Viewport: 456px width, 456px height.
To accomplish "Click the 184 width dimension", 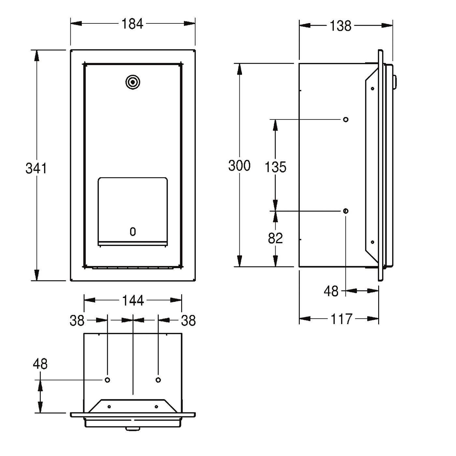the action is click(x=132, y=24).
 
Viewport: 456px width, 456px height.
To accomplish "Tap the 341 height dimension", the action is click(x=36, y=168).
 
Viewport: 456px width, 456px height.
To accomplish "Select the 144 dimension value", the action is click(x=133, y=301).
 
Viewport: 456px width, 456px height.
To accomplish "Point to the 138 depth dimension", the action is click(x=340, y=26).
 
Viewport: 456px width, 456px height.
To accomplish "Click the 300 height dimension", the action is click(x=239, y=165).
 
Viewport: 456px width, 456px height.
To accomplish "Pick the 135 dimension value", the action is click(x=276, y=167).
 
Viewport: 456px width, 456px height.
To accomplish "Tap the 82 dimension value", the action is click(x=276, y=238).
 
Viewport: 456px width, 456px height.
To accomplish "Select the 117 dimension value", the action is click(x=341, y=319).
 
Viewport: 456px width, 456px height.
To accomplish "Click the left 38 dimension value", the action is click(x=77, y=321).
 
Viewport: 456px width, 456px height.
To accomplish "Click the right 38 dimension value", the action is click(x=188, y=321).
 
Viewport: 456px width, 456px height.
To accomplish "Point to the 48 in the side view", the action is click(x=331, y=291).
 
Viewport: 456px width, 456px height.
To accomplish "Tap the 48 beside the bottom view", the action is click(x=40, y=364).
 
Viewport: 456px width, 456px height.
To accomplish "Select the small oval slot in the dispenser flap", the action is click(x=133, y=232).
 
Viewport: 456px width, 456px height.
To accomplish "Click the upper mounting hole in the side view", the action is click(x=346, y=120).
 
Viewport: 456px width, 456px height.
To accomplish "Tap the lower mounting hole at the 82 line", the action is click(x=346, y=211).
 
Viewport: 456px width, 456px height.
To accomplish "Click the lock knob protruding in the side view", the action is click(x=395, y=82).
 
